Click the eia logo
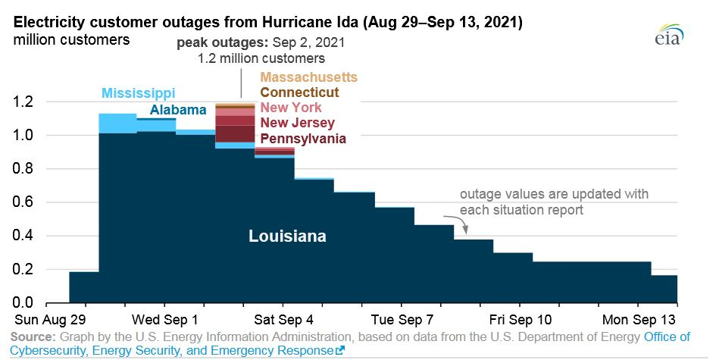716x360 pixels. click(671, 34)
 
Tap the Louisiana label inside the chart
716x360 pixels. click(287, 236)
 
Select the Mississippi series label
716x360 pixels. click(138, 92)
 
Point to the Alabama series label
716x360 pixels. click(178, 110)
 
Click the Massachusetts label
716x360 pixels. click(308, 77)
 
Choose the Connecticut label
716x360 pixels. click(299, 92)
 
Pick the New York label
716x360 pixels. click(291, 108)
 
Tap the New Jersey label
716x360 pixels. click(297, 123)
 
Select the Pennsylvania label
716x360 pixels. click(303, 139)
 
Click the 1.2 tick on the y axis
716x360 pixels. click(23, 102)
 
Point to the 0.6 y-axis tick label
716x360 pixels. click(23, 202)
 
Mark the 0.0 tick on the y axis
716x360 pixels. click(23, 302)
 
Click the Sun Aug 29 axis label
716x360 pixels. click(50, 319)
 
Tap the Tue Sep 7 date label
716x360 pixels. click(402, 319)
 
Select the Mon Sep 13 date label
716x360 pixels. click(639, 319)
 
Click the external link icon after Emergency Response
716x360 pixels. click(339, 351)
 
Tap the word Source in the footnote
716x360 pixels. click(33, 337)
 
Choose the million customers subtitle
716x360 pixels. click(71, 39)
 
